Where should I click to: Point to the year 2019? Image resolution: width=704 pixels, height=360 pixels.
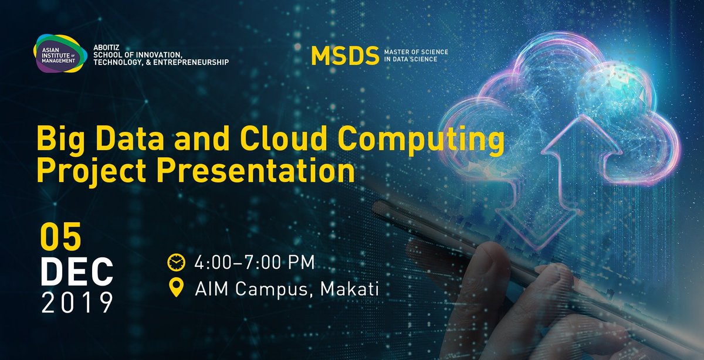[x=76, y=303]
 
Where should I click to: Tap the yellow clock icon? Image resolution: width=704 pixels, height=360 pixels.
[x=176, y=261]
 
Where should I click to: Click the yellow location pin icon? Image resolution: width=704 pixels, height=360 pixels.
[x=176, y=288]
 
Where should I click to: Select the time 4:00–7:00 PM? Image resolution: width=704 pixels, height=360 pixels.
[x=255, y=261]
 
